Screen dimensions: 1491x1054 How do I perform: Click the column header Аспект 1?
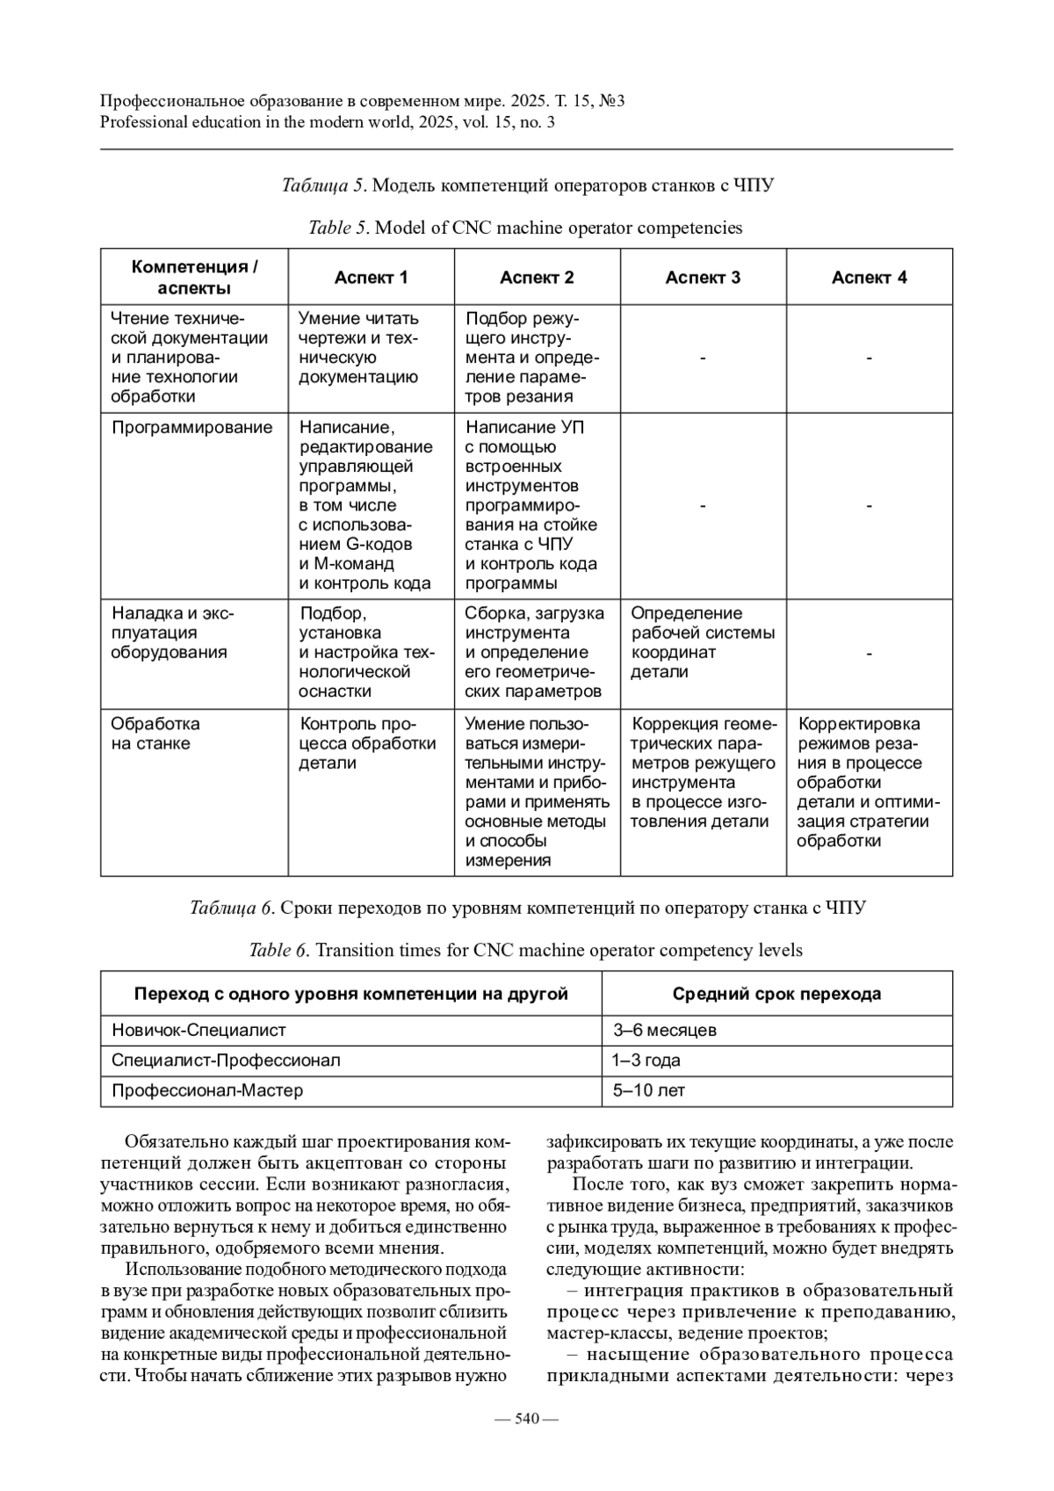(x=371, y=278)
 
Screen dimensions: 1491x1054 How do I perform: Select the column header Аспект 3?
(x=703, y=278)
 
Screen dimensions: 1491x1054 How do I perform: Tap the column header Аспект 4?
(x=869, y=278)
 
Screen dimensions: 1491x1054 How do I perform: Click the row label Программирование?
(x=192, y=428)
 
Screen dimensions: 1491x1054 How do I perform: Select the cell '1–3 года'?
(x=646, y=1060)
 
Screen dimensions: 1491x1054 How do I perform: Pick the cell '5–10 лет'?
(x=649, y=1090)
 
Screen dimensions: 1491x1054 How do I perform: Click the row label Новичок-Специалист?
(x=199, y=1030)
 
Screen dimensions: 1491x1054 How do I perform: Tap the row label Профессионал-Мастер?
(x=207, y=1090)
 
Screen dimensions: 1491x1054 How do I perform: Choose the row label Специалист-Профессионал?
(x=226, y=1060)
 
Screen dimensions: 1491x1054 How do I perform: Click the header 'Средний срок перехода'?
(x=776, y=994)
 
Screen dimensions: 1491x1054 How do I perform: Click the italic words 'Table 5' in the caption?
(x=337, y=228)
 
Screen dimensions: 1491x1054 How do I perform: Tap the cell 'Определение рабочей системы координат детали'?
(x=703, y=642)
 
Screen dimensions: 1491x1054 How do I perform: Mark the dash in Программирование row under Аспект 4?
(x=869, y=506)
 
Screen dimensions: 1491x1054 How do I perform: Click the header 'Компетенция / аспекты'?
(x=194, y=278)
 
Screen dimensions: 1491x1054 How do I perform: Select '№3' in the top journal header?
(x=611, y=101)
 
